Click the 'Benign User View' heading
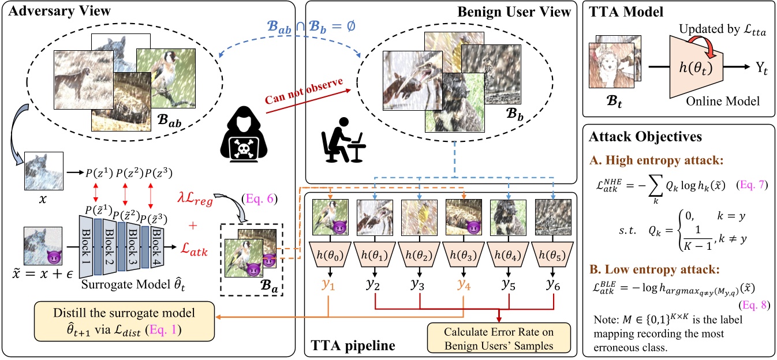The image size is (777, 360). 514,11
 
